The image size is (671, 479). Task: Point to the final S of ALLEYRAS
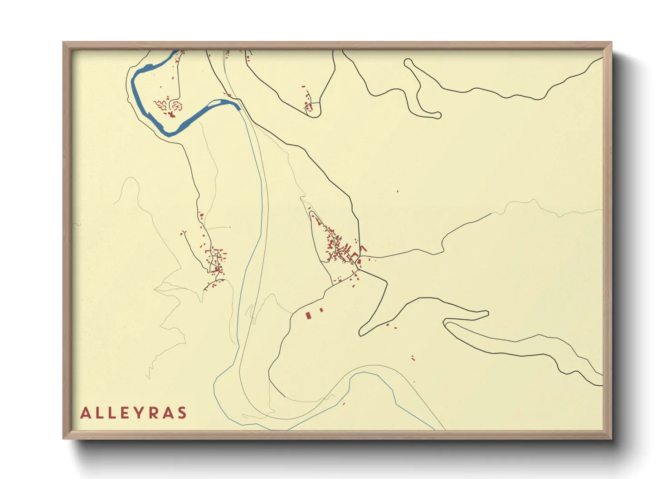pos(182,413)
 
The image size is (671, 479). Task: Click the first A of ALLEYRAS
pos(85,413)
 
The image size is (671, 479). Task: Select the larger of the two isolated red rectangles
pos(308,315)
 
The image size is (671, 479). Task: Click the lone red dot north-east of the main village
pos(398,192)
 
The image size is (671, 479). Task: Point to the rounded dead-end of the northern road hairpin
pos(438,115)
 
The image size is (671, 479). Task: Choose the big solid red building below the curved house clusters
pos(171,115)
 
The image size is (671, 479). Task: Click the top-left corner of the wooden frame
pos(63,43)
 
